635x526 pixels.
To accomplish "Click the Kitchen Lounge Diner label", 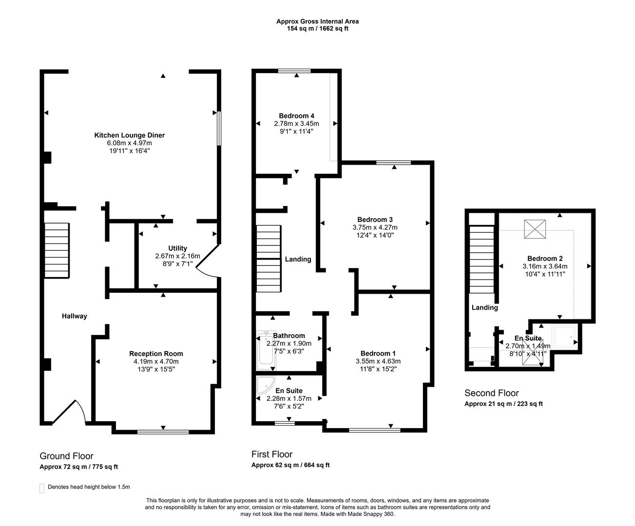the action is pos(129,135).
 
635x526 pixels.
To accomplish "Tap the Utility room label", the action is pos(177,248).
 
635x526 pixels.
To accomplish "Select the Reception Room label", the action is pos(156,354).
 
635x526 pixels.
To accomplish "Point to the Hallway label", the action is pos(75,316).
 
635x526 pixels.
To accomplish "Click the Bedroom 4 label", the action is pos(296,116).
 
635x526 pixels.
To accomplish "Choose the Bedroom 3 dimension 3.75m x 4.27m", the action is pos(375,227).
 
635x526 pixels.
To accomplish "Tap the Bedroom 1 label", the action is pos(378,354).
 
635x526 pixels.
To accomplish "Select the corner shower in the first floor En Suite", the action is pos(266,385).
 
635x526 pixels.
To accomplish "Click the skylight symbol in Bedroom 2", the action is pos(535,229).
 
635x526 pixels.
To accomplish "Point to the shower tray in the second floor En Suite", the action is pos(564,337).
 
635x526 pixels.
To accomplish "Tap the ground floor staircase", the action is pos(57,250).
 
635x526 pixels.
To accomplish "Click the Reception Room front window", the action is pos(163,432).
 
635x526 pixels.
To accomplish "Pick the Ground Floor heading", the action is pos(66,456).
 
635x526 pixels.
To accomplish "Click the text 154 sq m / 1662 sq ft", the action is pos(318,29).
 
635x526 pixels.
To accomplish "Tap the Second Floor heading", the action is pos(491,393).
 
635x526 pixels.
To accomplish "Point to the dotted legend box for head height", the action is pos(41,488).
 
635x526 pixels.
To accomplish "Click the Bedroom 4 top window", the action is pos(294,71).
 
